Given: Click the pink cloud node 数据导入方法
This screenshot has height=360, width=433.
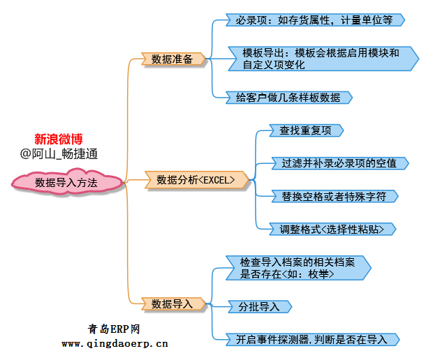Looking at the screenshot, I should (x=66, y=182).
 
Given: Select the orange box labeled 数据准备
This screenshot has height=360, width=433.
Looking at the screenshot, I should (x=172, y=59).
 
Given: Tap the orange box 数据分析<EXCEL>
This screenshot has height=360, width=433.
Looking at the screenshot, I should (x=196, y=180).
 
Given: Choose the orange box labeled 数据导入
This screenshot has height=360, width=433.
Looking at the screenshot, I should (x=172, y=303).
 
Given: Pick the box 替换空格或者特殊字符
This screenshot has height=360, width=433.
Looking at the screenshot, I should (x=332, y=196).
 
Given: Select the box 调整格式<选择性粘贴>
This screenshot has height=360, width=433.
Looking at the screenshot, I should (x=332, y=229).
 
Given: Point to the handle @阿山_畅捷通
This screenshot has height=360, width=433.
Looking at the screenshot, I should (x=59, y=153).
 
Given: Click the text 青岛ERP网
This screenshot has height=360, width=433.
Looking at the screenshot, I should (x=115, y=329).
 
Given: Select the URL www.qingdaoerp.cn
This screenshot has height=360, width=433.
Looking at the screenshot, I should (x=115, y=343).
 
